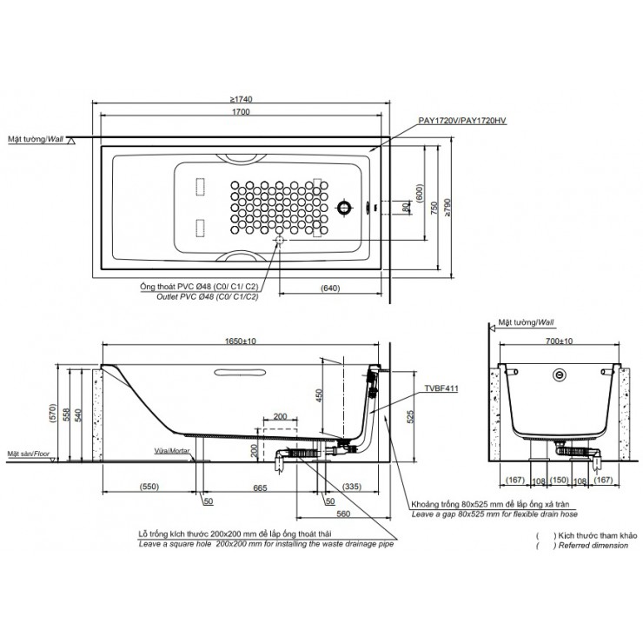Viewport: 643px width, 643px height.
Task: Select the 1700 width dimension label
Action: (242, 113)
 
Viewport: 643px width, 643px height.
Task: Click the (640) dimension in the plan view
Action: (328, 288)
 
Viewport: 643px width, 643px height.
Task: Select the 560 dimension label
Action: (343, 513)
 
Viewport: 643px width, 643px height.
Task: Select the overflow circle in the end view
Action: (560, 375)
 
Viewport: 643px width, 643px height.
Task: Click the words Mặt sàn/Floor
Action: (27, 454)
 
